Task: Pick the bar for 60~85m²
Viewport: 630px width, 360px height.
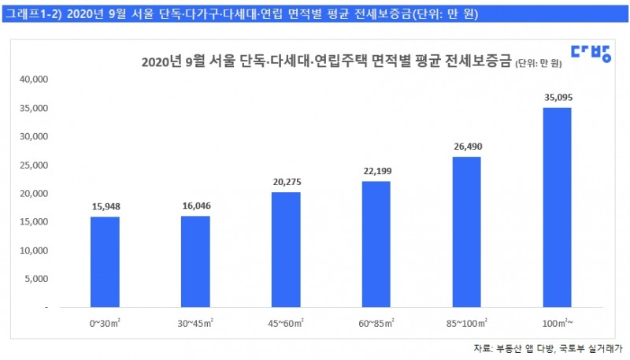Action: [376, 244]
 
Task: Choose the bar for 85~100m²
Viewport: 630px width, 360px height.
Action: [466, 232]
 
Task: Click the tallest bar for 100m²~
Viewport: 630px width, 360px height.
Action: [557, 207]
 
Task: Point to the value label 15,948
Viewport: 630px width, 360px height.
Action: [106, 208]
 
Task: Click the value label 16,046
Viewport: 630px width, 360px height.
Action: [196, 207]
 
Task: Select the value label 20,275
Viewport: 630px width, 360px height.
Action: [286, 183]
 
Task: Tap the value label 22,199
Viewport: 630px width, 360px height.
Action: [376, 172]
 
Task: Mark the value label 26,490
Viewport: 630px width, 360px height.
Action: [466, 147]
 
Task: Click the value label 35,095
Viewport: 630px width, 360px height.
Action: [557, 98]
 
